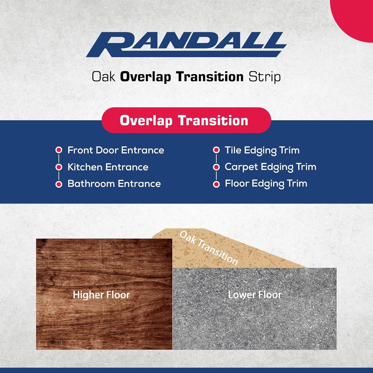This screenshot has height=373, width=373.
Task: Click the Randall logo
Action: tap(186, 45)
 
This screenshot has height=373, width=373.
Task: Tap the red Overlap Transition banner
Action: tap(186, 121)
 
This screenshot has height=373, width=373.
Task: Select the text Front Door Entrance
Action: tap(115, 150)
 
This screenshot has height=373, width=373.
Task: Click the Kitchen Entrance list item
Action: tap(108, 167)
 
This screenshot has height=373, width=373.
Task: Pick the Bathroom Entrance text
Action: tap(114, 184)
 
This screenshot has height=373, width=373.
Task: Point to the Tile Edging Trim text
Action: tap(262, 150)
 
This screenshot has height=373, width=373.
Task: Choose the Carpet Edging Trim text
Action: tap(270, 167)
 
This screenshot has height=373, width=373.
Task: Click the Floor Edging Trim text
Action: tap(266, 184)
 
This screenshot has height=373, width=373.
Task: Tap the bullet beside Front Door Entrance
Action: tap(58, 150)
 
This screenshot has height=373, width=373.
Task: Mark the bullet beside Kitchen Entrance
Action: tap(58, 167)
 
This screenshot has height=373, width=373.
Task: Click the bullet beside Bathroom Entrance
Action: tap(58, 184)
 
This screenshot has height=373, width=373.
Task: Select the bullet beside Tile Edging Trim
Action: tap(216, 150)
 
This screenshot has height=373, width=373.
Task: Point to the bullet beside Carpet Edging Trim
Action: tap(216, 167)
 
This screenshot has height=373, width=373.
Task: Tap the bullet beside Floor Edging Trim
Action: tap(216, 184)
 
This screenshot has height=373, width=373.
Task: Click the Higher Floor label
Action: tap(101, 295)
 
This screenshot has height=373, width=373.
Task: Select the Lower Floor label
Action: tap(255, 294)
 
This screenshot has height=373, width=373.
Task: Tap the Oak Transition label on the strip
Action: tap(209, 248)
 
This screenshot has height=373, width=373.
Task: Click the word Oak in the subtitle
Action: tap(104, 77)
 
